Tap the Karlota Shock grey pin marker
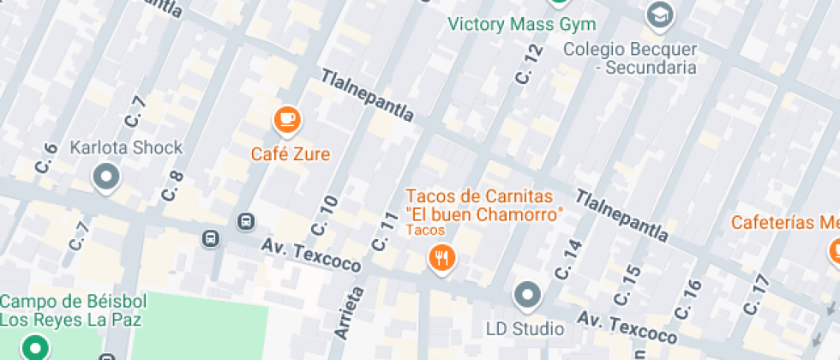tap(107, 177)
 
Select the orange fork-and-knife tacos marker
tap(442, 256)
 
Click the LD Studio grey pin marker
tap(527, 296)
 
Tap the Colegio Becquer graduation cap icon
tap(659, 15)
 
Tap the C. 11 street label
tap(385, 231)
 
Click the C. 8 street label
tap(172, 186)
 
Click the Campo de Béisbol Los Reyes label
tap(73, 310)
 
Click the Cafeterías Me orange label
tap(783, 223)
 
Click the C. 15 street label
tap(627, 285)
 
